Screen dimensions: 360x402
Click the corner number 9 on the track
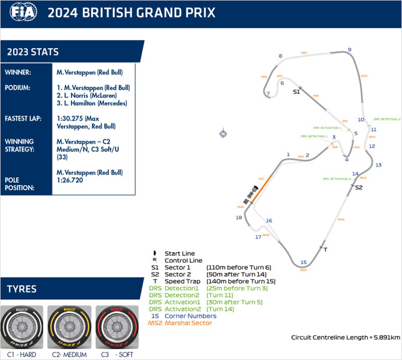tap(350, 50)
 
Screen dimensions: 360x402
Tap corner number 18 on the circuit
tap(238, 217)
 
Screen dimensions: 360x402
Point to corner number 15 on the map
tap(303, 262)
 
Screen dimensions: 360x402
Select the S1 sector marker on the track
tap(297, 92)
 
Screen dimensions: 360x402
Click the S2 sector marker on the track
tap(359, 187)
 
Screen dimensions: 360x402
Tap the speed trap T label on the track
tap(326, 250)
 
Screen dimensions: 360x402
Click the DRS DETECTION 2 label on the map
tap(387, 119)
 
